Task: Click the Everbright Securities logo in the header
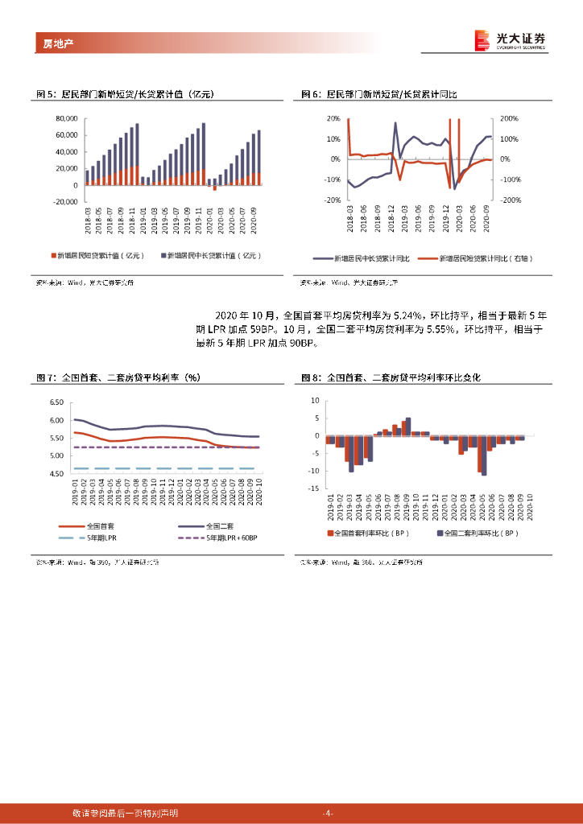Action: coord(510,40)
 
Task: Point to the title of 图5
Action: coord(126,95)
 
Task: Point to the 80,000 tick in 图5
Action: coord(66,118)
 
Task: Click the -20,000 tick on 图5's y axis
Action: coord(64,202)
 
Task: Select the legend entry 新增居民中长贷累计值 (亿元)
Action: coord(215,255)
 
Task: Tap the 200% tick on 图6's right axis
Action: coord(510,118)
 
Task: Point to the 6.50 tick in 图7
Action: coord(56,402)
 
